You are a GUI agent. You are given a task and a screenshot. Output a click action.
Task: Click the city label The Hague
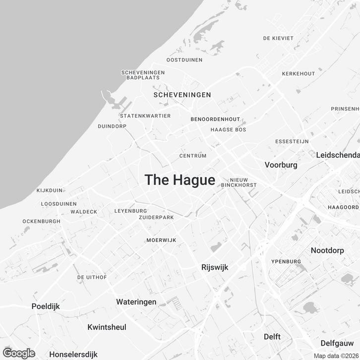point(180,180)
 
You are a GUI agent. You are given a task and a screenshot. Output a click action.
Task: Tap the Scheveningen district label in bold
point(182,95)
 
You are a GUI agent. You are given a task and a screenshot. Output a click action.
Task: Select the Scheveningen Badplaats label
point(143,75)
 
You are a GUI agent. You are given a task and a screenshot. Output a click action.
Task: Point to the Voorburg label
point(281,165)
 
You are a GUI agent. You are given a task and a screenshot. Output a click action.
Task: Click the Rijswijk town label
point(215,267)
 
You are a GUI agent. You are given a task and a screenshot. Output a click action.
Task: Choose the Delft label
point(272,337)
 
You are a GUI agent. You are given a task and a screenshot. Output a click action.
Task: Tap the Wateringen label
point(136,302)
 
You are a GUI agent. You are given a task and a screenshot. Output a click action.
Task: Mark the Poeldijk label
point(46,306)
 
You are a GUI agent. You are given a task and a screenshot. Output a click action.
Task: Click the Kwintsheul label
point(107,327)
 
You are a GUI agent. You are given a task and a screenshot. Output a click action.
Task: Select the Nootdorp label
point(327,250)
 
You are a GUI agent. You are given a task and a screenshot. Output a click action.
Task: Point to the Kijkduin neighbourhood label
point(50,190)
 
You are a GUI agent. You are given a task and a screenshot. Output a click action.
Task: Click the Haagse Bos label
point(228,130)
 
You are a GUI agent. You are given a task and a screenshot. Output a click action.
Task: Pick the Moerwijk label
point(161,240)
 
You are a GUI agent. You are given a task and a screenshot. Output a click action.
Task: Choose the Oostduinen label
point(184,60)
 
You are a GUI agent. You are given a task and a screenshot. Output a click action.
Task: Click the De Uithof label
point(92,277)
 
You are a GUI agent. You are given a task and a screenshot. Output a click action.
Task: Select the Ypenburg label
point(286,261)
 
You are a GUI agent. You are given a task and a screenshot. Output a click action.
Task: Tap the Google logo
point(19,353)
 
